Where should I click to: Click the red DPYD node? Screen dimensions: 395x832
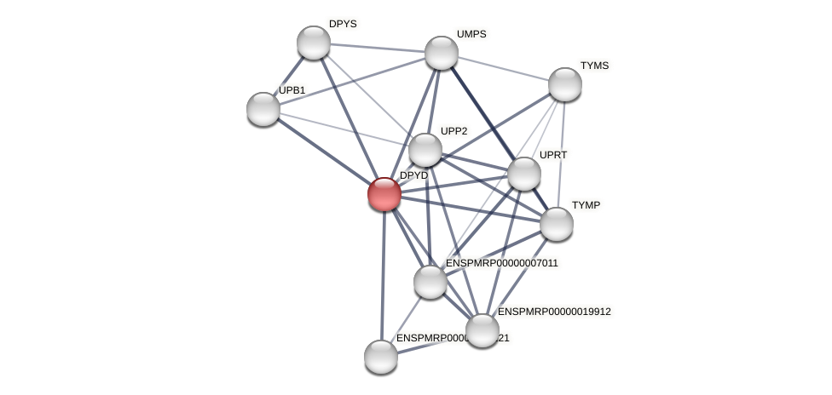click(384, 194)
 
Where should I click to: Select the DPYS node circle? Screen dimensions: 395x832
click(314, 43)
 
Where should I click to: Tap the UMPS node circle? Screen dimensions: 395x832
click(442, 53)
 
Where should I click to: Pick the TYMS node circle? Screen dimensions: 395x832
click(565, 84)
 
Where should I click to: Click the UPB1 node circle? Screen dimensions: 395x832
click(263, 109)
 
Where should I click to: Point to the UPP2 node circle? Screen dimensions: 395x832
click(425, 150)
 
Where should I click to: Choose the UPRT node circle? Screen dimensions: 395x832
click(524, 174)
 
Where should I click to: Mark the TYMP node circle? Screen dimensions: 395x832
click(557, 224)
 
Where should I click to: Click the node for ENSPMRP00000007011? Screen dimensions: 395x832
click(430, 282)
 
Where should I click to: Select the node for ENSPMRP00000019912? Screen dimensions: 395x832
click(482, 330)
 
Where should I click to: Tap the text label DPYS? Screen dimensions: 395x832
click(343, 24)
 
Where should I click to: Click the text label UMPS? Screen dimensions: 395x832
click(471, 34)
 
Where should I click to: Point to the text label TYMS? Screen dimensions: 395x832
click(595, 66)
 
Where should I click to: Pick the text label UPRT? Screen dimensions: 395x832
click(553, 155)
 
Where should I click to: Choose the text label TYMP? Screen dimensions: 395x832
click(586, 205)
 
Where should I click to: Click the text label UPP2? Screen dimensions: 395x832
click(454, 131)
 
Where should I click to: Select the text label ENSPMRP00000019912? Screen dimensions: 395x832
click(554, 312)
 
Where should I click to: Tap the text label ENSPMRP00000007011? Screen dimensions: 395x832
click(501, 263)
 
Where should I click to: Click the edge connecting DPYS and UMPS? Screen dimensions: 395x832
click(378, 48)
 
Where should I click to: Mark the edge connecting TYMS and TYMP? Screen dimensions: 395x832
click(561, 153)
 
